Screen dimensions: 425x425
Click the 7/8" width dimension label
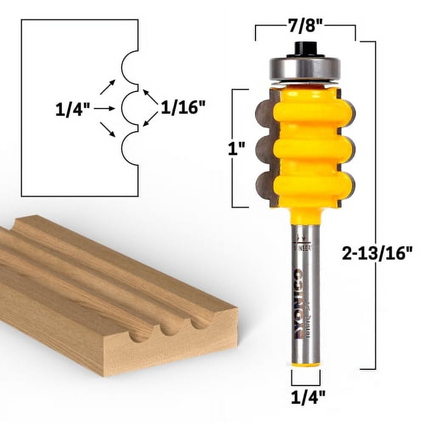coord(305,27)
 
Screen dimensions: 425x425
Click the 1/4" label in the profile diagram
coord(73,110)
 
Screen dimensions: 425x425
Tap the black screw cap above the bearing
coord(305,49)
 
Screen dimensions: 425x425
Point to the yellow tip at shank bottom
coord(306,363)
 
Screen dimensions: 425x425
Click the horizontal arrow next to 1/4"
coord(105,109)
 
